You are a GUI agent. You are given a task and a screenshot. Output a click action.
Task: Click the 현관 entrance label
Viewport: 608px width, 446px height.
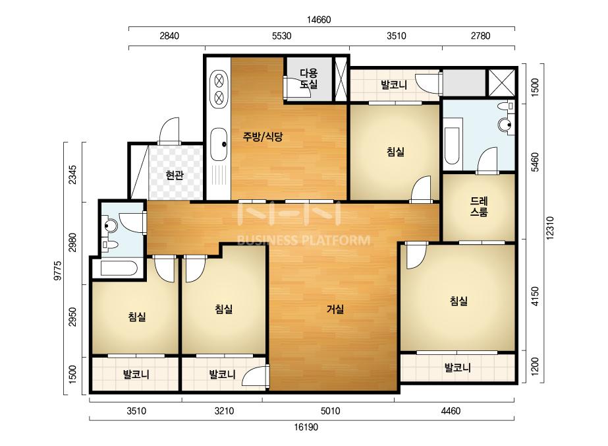174,175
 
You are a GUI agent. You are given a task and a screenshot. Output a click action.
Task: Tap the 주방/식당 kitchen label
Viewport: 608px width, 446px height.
263,137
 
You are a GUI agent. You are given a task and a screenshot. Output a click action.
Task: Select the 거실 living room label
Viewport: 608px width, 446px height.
335,309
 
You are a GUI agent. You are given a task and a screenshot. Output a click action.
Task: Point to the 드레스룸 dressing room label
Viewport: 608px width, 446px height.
479,207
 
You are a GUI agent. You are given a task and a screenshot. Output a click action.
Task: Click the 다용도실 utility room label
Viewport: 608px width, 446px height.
309,79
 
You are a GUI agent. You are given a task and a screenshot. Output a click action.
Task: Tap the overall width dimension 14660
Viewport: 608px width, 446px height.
319,20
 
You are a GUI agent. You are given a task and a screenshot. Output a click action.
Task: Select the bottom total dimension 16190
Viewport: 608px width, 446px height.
306,428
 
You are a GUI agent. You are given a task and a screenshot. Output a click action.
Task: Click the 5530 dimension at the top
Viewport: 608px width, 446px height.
281,36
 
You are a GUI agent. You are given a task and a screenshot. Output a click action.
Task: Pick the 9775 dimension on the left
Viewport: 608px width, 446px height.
58,271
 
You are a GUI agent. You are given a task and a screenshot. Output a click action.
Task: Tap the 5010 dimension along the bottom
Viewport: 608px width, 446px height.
331,411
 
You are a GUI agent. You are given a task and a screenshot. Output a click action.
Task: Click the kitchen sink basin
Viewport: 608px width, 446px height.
219,144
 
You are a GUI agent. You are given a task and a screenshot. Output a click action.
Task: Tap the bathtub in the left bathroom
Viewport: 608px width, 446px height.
119,268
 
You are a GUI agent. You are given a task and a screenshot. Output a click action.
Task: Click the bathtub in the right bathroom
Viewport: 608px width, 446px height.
452,145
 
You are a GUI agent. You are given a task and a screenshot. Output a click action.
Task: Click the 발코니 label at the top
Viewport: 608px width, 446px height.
394,85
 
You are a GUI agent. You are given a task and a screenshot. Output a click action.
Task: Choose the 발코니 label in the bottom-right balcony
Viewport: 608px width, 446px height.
458,367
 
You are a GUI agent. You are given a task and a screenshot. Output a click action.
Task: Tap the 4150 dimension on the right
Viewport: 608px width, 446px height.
535,296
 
